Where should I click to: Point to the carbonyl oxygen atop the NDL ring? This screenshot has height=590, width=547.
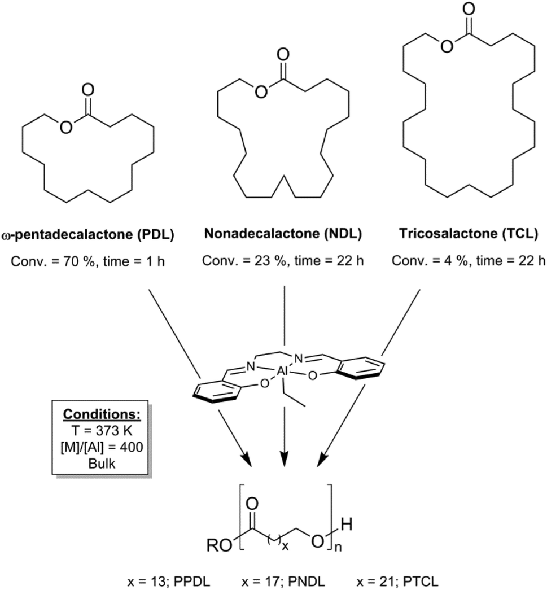(283, 56)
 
